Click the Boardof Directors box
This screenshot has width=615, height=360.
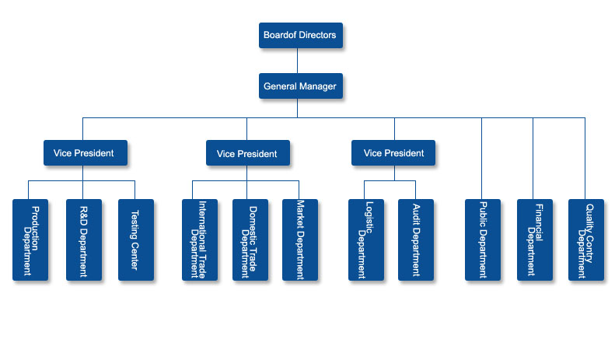301,35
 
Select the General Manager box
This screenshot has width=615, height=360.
301,86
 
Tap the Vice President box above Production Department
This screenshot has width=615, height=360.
86,152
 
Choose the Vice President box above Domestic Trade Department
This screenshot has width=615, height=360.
248,152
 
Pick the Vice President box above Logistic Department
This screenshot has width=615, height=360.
393,152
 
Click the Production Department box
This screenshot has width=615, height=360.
30,240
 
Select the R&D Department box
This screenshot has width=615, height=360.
84,240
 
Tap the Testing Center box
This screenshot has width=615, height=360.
136,240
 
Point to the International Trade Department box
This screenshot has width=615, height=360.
200,240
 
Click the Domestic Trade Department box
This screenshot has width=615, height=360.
250,240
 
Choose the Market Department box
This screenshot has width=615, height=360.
300,240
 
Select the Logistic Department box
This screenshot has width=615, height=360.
366,240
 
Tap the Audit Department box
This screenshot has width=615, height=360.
416,240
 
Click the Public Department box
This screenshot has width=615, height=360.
483,240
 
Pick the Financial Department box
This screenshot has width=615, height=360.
535,240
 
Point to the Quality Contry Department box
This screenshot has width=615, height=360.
586,240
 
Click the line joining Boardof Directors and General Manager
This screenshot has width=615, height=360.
297,61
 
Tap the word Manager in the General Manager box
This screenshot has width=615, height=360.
318,86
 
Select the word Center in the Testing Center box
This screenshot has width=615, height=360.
135,256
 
